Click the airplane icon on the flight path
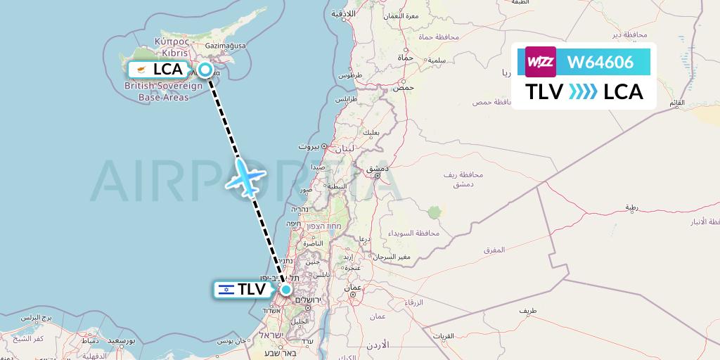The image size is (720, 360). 246,176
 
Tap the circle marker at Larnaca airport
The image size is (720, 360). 205,69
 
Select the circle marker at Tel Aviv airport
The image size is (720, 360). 286,289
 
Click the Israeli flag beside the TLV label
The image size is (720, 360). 226,289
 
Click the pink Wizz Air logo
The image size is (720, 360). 541,62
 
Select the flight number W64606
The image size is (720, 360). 600,62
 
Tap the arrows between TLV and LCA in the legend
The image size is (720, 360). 583,92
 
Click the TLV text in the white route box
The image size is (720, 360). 545,92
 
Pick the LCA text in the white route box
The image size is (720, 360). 623,92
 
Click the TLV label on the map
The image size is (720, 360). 251,289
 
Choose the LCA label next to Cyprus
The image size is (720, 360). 167,69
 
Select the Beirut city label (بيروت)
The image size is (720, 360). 309,146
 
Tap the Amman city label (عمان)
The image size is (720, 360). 352,287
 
